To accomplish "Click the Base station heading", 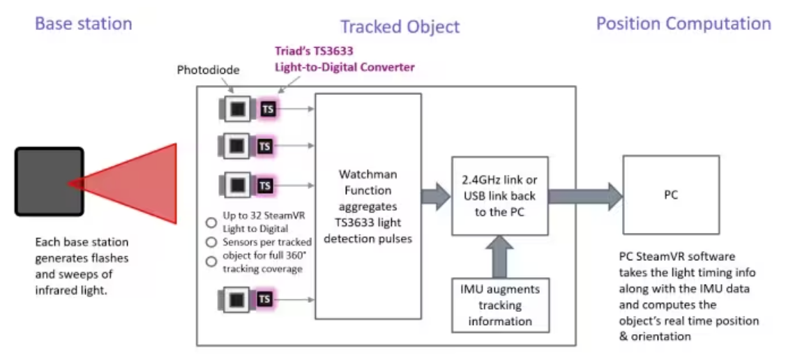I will [x=83, y=24].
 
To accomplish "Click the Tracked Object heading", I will [x=400, y=27].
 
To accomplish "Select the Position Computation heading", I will [x=683, y=24].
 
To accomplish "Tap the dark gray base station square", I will [x=49, y=181].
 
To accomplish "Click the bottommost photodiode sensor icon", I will [x=236, y=299].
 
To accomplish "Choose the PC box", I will [x=670, y=195].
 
